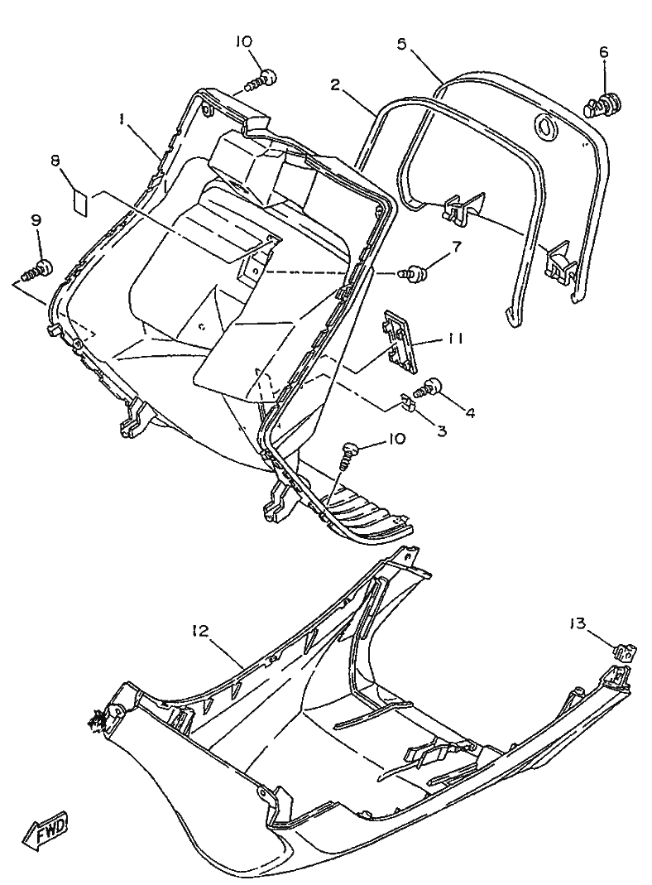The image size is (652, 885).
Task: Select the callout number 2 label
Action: (334, 84)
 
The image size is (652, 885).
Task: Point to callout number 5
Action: (402, 43)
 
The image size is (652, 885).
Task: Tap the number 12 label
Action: (198, 631)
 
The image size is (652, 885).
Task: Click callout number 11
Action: (456, 338)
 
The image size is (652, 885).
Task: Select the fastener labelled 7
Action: (415, 272)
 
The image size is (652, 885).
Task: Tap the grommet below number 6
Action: (603, 105)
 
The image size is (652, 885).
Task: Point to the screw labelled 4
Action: (429, 387)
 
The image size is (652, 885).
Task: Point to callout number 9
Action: (36, 219)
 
